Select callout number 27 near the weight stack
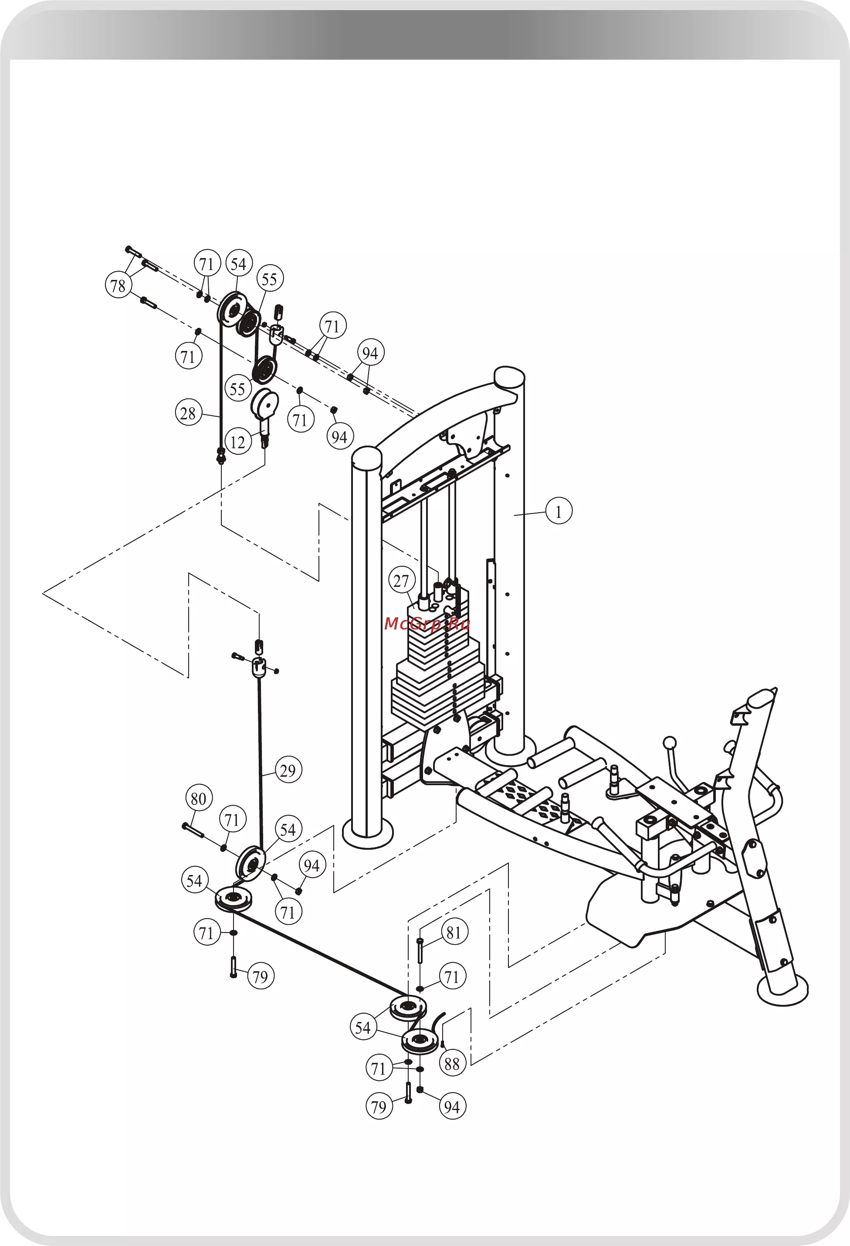[x=401, y=580]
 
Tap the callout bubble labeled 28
[x=189, y=413]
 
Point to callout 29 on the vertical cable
[x=288, y=770]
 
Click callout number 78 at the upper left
[x=119, y=285]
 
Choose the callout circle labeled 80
[x=199, y=798]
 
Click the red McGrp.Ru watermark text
[x=427, y=623]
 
